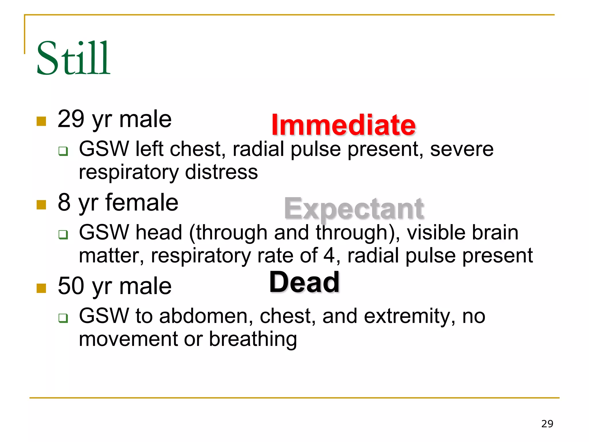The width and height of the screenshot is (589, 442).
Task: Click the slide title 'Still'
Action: click(x=73, y=58)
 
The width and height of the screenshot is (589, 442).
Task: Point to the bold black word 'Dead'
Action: click(x=304, y=282)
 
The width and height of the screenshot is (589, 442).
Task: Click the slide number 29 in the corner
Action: click(x=547, y=424)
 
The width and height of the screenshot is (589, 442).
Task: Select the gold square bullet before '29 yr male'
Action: click(x=41, y=121)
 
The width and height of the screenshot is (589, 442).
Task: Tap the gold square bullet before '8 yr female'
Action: click(x=41, y=205)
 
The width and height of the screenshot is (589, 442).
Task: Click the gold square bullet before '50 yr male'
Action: click(x=41, y=288)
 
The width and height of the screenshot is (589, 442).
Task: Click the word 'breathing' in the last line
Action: click(x=253, y=339)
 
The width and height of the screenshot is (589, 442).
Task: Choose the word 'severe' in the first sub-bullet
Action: click(x=462, y=149)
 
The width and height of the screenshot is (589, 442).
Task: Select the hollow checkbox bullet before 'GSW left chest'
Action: click(x=63, y=151)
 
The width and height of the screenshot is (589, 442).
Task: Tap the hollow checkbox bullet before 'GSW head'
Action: click(x=63, y=234)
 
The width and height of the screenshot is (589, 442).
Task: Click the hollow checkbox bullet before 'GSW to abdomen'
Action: click(x=63, y=318)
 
